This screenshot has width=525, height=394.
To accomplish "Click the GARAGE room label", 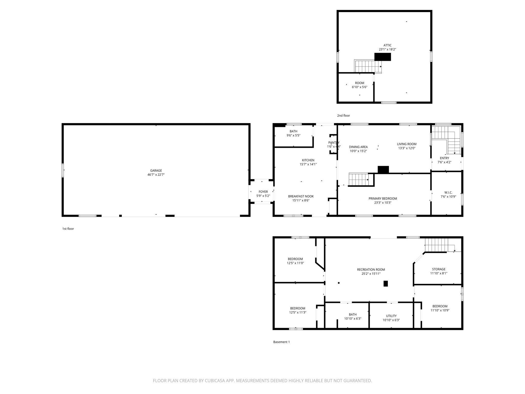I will (x=156, y=171).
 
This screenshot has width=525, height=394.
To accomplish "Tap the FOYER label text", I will (x=263, y=192).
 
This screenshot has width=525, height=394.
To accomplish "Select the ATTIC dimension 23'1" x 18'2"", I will (x=387, y=50).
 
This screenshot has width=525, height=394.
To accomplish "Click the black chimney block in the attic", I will (x=382, y=57).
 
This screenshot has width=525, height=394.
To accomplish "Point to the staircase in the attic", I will (x=367, y=66).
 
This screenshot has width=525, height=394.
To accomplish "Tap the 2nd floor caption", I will (x=343, y=116).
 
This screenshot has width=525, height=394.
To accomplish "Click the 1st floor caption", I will (x=68, y=229).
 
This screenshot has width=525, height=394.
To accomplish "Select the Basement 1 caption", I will (x=281, y=342).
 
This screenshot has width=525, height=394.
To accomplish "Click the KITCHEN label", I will (x=308, y=160).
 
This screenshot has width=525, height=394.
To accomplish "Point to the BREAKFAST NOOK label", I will (x=301, y=196).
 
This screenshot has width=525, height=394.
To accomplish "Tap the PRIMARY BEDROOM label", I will (x=382, y=199).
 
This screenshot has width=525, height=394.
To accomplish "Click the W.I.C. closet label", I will (x=448, y=192).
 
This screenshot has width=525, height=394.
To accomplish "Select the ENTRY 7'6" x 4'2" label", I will (x=444, y=160).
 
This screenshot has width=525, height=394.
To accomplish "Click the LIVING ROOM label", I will (x=407, y=144).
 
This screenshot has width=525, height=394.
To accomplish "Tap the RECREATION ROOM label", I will (x=371, y=270).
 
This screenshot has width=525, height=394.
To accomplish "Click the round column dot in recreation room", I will (x=339, y=283).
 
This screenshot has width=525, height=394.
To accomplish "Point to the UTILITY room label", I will (x=391, y=316).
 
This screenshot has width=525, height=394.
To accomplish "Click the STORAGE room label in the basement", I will (x=439, y=269).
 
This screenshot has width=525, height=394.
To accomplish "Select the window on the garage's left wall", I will (x=63, y=170).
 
